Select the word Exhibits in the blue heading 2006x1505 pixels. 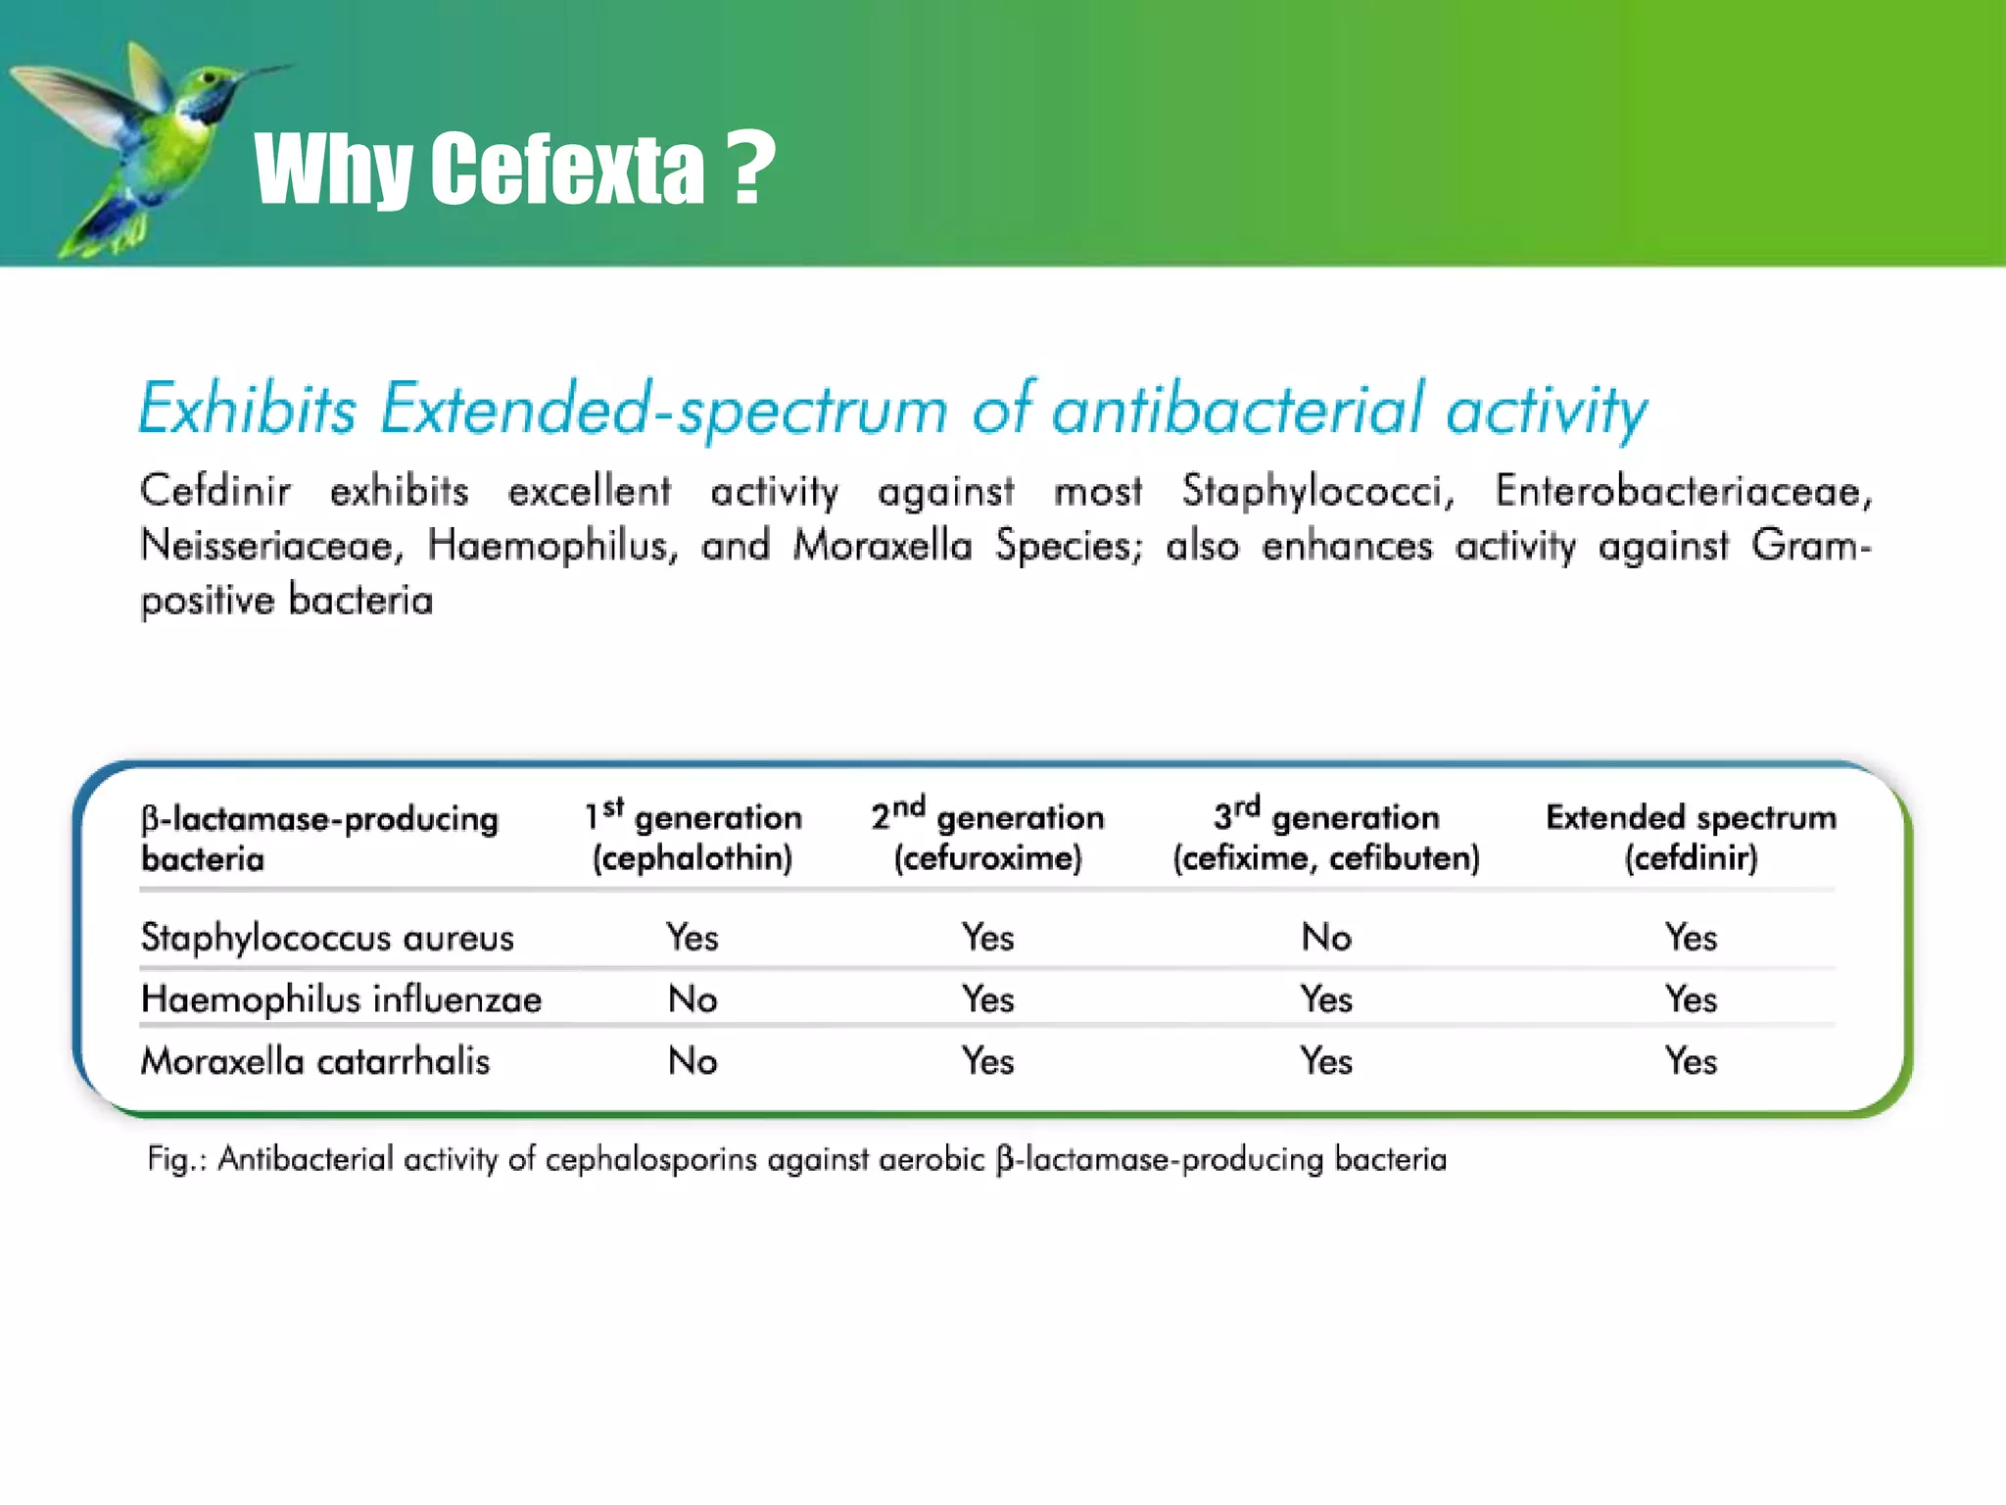click(247, 410)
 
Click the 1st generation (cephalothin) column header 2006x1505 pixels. click(693, 837)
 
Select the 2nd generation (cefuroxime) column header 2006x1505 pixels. click(987, 837)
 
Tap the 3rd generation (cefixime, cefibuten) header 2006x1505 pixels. click(1326, 837)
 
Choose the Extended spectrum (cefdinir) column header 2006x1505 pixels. click(1691, 837)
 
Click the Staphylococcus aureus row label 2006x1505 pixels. click(327, 938)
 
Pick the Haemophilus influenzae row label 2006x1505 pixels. click(341, 999)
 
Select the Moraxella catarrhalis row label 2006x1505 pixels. click(315, 1061)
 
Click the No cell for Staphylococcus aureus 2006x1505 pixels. click(1326, 938)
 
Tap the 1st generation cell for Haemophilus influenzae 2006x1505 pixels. click(693, 999)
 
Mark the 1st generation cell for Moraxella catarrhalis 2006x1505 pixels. click(693, 1061)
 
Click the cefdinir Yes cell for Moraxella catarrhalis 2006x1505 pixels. click(1691, 1061)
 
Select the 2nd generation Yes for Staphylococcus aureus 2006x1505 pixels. click(987, 938)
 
